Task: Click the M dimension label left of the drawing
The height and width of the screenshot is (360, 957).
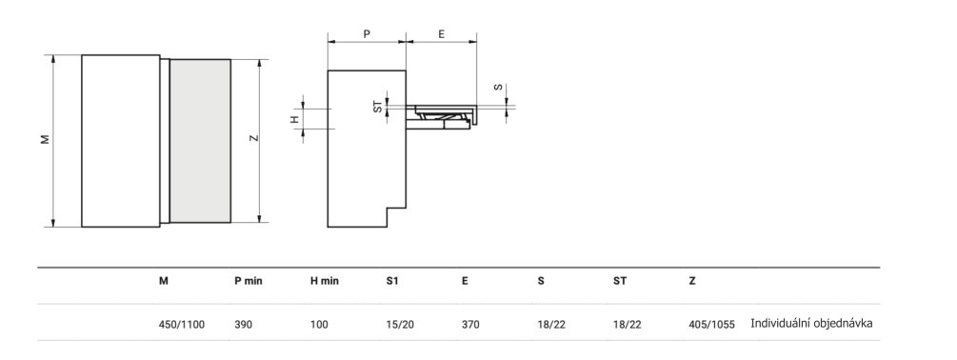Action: click(x=45, y=140)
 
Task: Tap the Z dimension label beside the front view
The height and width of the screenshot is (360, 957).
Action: click(x=254, y=137)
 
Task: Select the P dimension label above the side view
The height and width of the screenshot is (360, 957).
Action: click(x=367, y=34)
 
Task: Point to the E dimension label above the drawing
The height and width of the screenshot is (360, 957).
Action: click(x=441, y=34)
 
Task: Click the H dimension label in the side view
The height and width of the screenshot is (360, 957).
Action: click(x=294, y=119)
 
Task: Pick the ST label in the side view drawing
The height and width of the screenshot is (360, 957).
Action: click(x=378, y=106)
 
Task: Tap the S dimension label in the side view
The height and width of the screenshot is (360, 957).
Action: click(x=499, y=88)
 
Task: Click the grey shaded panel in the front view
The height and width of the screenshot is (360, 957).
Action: click(x=200, y=141)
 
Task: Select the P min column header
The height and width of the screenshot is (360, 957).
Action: click(x=249, y=281)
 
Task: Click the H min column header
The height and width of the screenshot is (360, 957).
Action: click(x=325, y=281)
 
